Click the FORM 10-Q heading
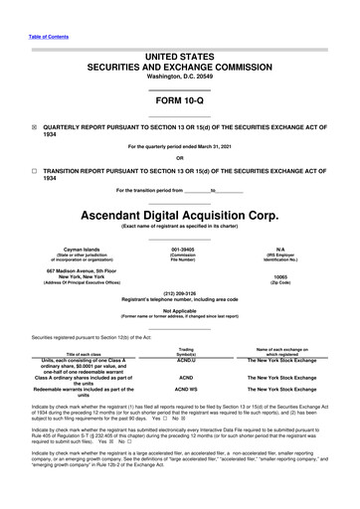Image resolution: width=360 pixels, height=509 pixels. [x=179, y=101]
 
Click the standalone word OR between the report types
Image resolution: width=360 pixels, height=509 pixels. [x=179, y=158]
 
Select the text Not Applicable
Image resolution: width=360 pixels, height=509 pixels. [x=179, y=310]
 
